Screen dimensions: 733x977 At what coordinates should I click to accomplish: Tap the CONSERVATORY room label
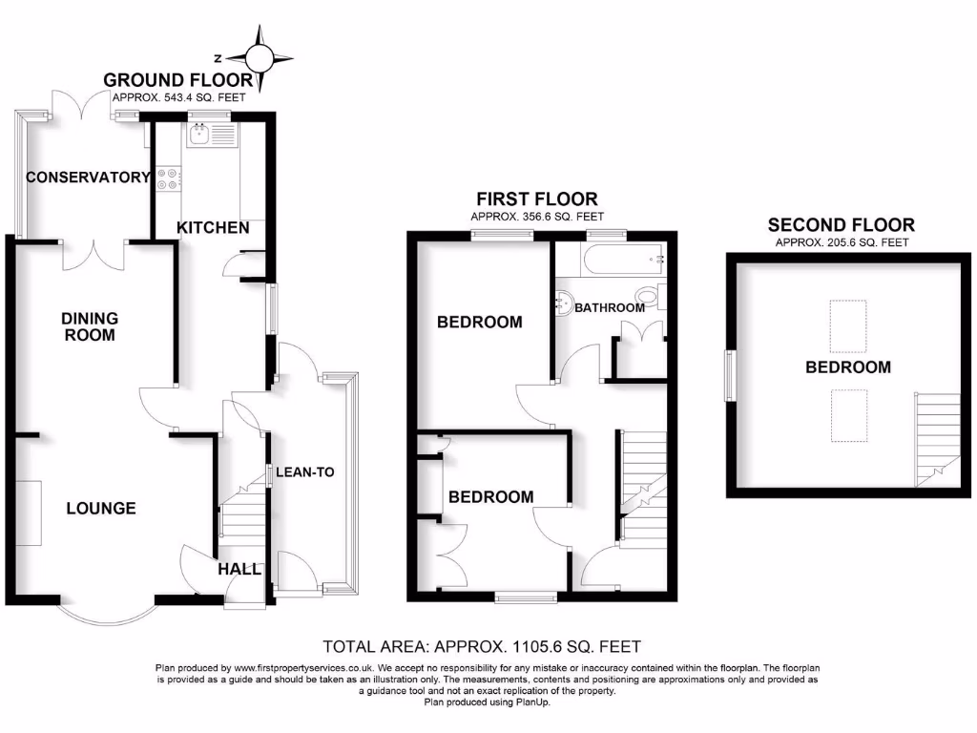(88, 177)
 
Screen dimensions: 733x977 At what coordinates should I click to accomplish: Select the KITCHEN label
(214, 227)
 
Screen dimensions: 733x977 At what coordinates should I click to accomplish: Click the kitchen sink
(200, 137)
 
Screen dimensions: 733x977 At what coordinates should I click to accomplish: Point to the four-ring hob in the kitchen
(167, 179)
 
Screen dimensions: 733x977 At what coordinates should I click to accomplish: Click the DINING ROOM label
(90, 326)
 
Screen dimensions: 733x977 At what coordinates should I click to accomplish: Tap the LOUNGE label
(101, 509)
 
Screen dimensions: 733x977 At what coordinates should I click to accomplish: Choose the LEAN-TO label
(305, 471)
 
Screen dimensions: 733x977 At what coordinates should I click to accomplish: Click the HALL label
(239, 569)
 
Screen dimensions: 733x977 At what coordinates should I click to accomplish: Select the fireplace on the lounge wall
(29, 513)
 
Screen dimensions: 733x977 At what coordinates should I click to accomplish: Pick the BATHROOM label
(610, 308)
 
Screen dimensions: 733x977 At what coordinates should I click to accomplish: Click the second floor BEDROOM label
(848, 367)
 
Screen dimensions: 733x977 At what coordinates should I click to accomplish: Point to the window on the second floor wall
(730, 376)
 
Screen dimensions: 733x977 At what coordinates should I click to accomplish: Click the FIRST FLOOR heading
(537, 199)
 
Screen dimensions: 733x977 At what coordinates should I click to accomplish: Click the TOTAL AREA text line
(488, 646)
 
